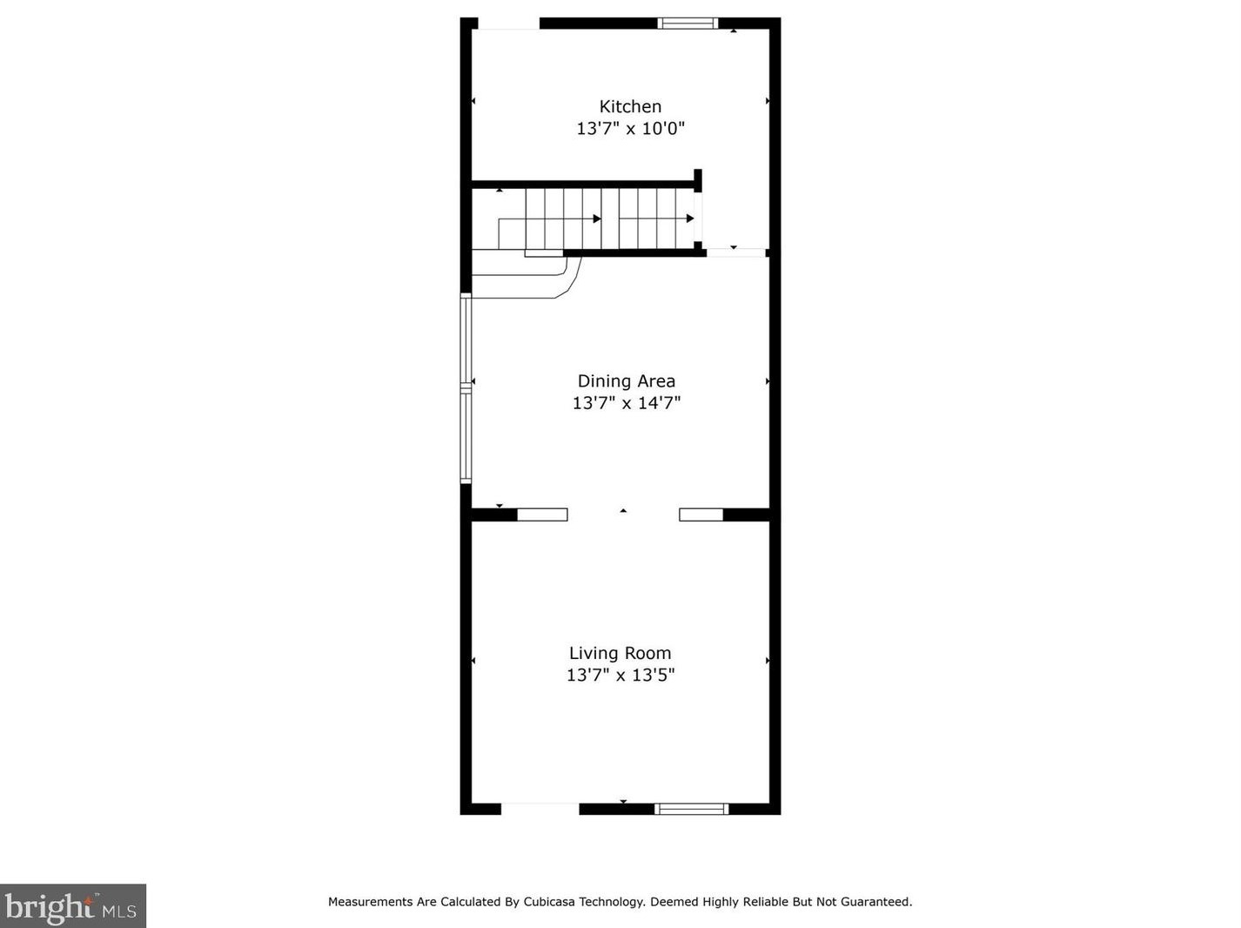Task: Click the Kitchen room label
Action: click(630, 106)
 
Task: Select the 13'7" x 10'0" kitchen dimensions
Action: click(630, 129)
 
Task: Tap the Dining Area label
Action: click(626, 380)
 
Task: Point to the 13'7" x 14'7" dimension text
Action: click(626, 403)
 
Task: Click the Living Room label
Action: click(620, 653)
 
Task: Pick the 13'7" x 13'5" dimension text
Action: click(620, 675)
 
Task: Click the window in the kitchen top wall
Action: click(687, 24)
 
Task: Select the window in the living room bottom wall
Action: click(691, 809)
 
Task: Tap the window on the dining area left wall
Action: click(466, 387)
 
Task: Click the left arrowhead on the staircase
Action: click(597, 219)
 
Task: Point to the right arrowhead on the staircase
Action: click(690, 219)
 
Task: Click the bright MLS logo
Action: click(72, 906)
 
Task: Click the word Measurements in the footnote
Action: click(371, 902)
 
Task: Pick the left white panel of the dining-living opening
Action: click(542, 514)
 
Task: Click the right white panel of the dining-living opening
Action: click(701, 514)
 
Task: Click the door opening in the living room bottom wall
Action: click(540, 809)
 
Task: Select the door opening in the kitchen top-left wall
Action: click(508, 24)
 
